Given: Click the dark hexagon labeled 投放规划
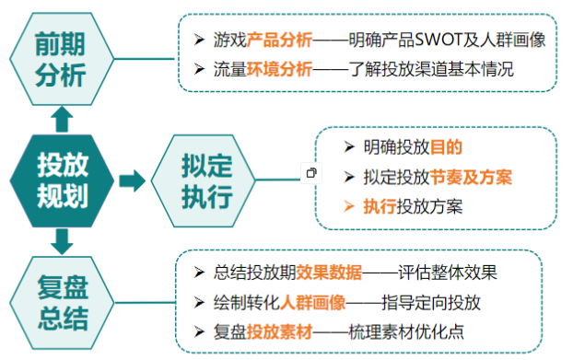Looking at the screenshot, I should point(62,180).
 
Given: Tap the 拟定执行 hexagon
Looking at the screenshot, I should point(193,181).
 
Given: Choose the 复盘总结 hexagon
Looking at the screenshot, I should point(62,304).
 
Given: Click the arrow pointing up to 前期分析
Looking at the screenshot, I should point(62,117).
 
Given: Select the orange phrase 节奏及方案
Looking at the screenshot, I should point(474,176).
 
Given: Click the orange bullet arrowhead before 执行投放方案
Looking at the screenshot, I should point(348,205).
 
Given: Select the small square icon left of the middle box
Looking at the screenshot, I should point(311,172).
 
